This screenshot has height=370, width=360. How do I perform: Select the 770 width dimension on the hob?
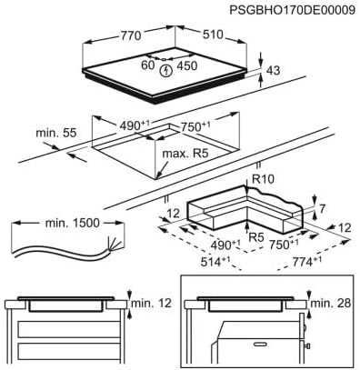(x=130, y=36)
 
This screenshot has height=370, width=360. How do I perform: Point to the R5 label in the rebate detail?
(x=257, y=237)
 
